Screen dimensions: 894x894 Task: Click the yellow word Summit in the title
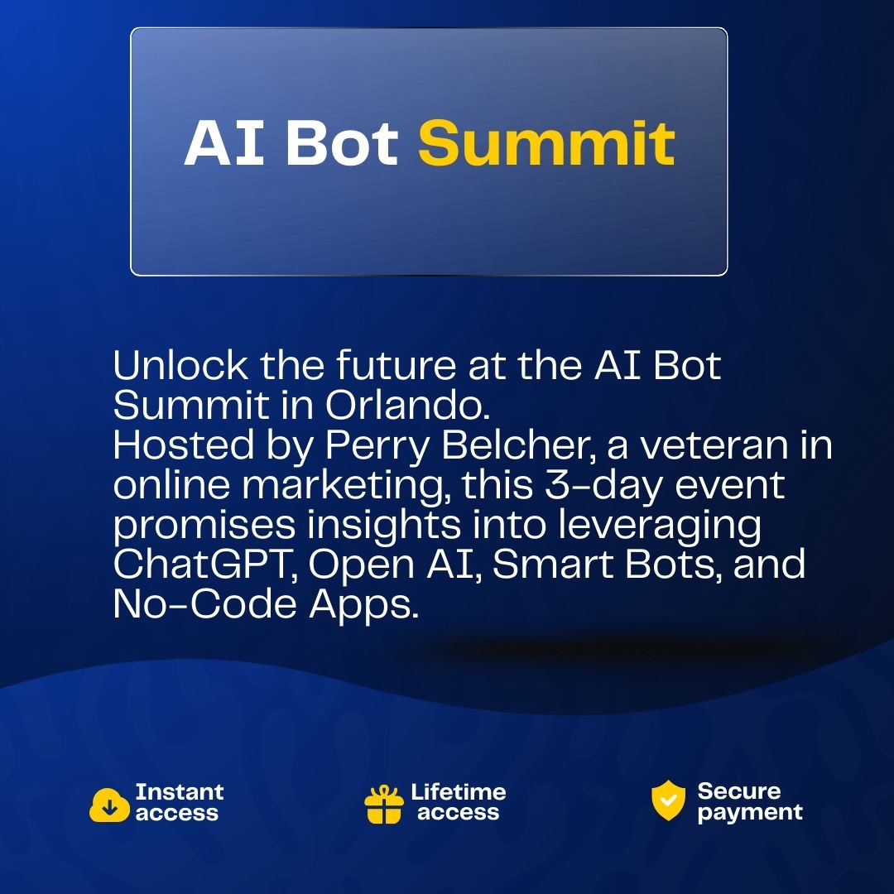click(x=546, y=142)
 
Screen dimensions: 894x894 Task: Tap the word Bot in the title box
click(x=342, y=142)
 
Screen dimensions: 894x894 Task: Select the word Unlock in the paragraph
click(x=180, y=365)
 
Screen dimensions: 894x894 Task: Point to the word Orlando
click(x=407, y=406)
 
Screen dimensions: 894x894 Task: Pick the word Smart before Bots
click(x=552, y=565)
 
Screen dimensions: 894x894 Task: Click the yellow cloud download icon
click(x=109, y=805)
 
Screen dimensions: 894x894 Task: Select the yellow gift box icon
click(x=384, y=805)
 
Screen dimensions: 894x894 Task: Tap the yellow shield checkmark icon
click(x=668, y=800)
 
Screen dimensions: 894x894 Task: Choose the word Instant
click(x=180, y=792)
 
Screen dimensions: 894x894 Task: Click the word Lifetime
click(x=459, y=792)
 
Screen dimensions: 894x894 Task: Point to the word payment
click(x=750, y=813)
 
